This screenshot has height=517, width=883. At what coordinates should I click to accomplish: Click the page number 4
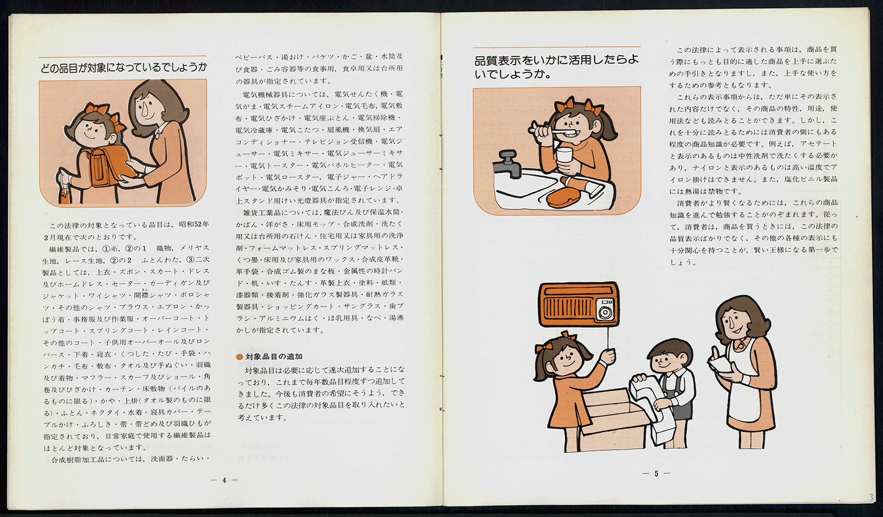(224, 480)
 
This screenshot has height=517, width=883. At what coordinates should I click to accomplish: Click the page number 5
(656, 473)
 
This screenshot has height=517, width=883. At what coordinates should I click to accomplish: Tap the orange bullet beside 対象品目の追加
(239, 357)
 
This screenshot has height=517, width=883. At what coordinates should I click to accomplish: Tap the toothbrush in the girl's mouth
(549, 130)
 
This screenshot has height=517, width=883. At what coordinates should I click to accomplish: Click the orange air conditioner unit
(578, 305)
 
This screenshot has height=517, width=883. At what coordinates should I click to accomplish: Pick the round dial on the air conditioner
(605, 313)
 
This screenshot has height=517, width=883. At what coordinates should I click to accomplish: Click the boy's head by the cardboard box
(669, 356)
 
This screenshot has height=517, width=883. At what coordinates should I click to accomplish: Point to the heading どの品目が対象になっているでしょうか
(123, 68)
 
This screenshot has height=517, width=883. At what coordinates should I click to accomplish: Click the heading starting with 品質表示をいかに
(556, 67)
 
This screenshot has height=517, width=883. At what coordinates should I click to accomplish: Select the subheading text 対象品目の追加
(274, 357)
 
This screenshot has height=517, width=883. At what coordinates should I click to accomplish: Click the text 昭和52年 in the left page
(194, 224)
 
